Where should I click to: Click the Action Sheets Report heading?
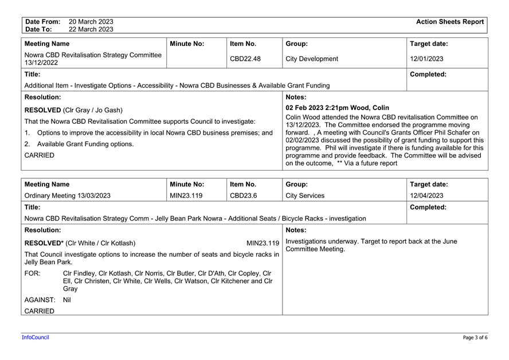450,22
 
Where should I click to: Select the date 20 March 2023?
91,22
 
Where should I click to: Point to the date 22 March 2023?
91,29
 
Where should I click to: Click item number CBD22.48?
245,58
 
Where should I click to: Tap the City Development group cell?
311,58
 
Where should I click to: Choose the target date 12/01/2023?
426,58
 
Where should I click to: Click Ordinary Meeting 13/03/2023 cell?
67,195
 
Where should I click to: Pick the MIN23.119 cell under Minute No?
187,195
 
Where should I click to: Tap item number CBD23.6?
243,195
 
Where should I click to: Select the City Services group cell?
304,195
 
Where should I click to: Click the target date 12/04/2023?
426,195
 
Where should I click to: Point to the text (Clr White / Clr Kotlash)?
101,243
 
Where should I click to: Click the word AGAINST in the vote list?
40,300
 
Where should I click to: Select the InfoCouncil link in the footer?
35,337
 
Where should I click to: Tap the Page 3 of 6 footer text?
475,338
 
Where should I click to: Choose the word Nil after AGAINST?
67,300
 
